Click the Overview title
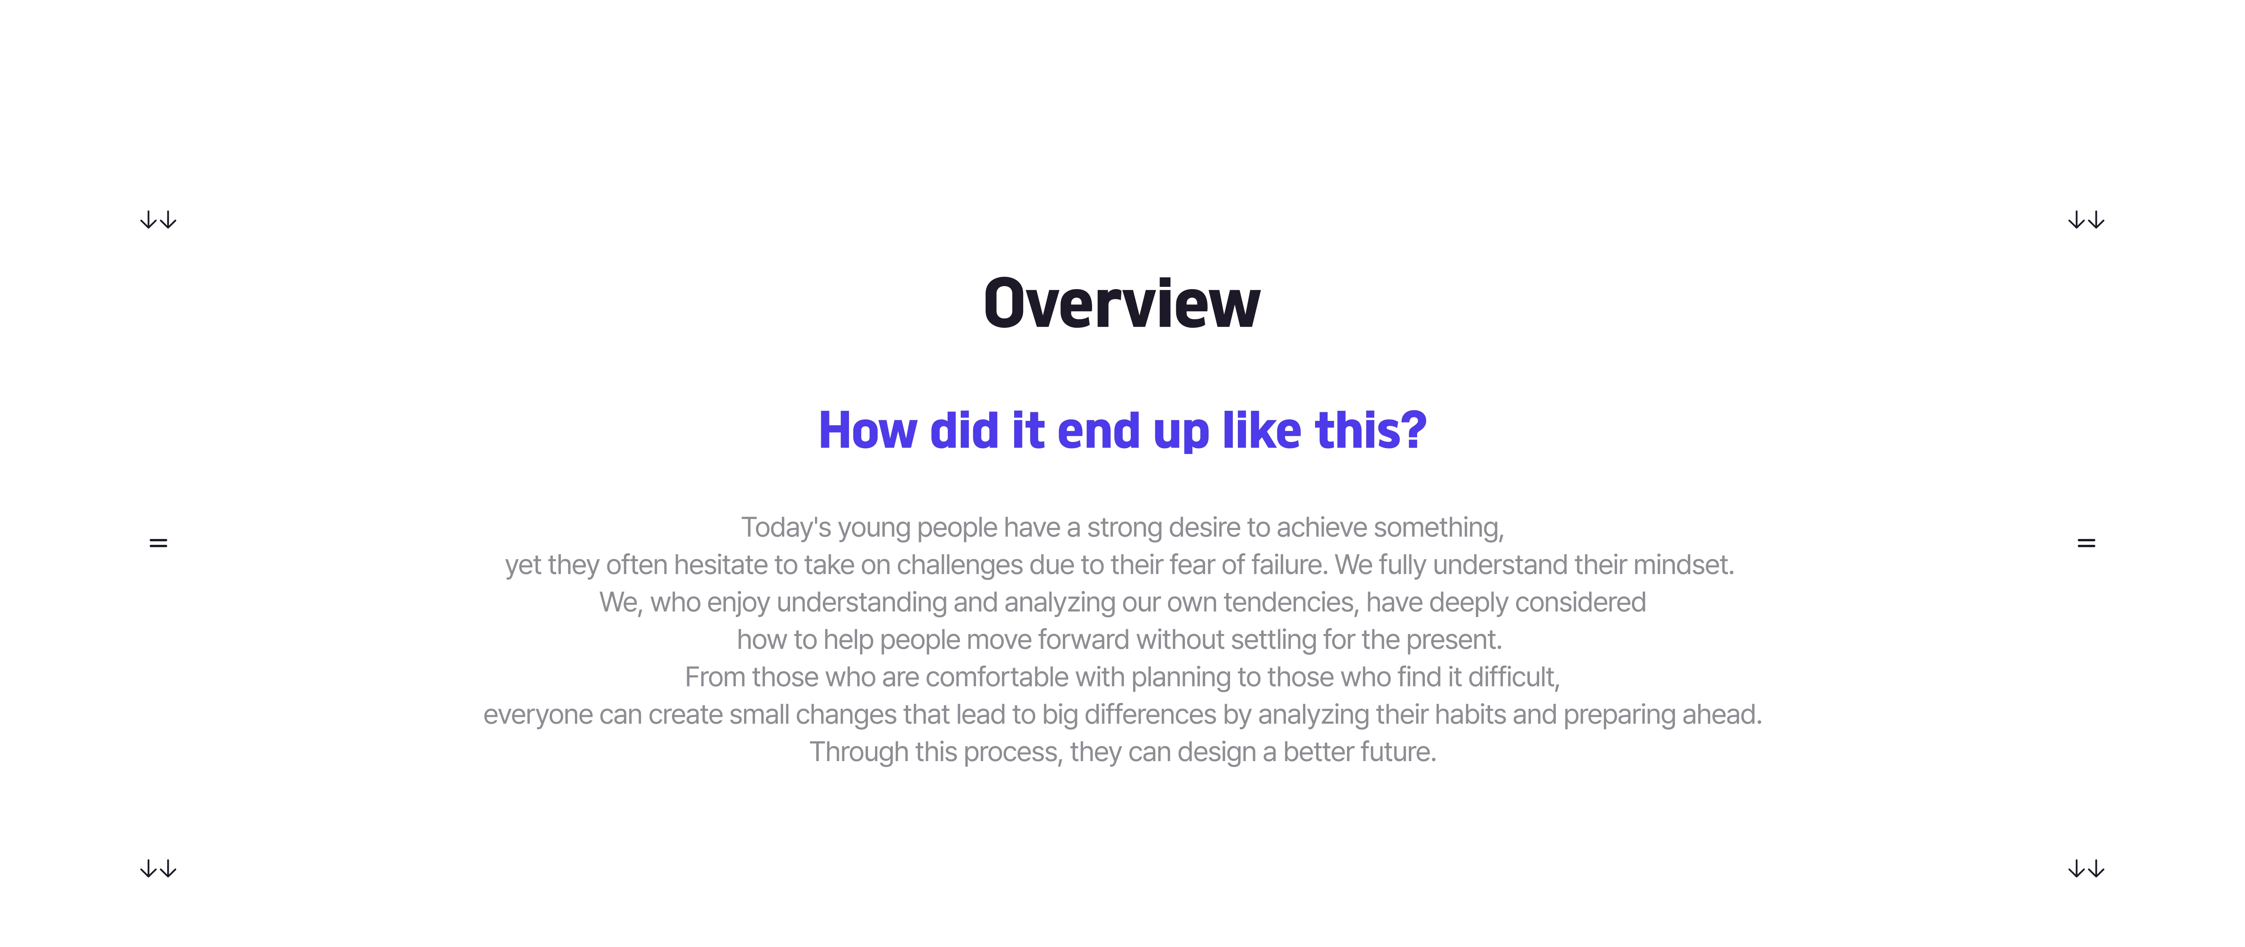(x=1122, y=303)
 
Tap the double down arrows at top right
(x=2086, y=221)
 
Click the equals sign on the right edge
(x=2086, y=543)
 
